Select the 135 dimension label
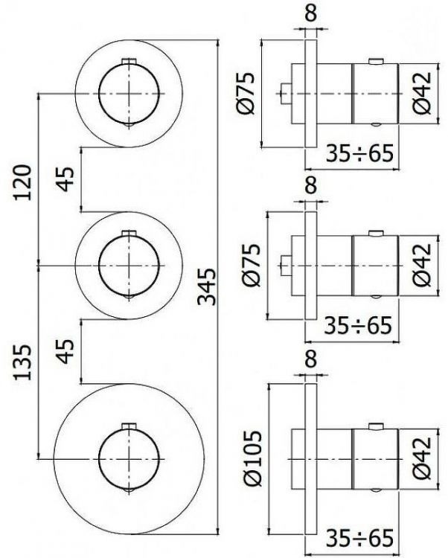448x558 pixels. pos(22,360)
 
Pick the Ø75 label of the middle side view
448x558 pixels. pos(249,264)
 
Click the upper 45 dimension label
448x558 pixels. pos(65,179)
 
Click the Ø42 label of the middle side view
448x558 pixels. pos(422,266)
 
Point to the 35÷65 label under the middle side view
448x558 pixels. pos(360,326)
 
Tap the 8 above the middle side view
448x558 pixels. pos(310,184)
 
